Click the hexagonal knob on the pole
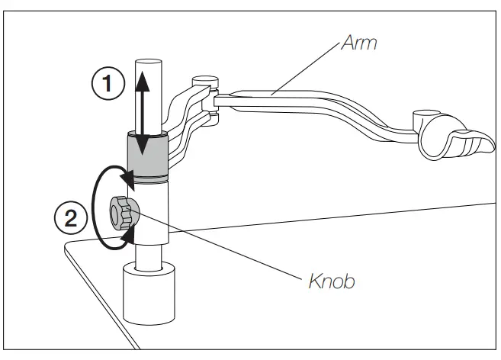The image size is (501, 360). pyautogui.click(x=122, y=212)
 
